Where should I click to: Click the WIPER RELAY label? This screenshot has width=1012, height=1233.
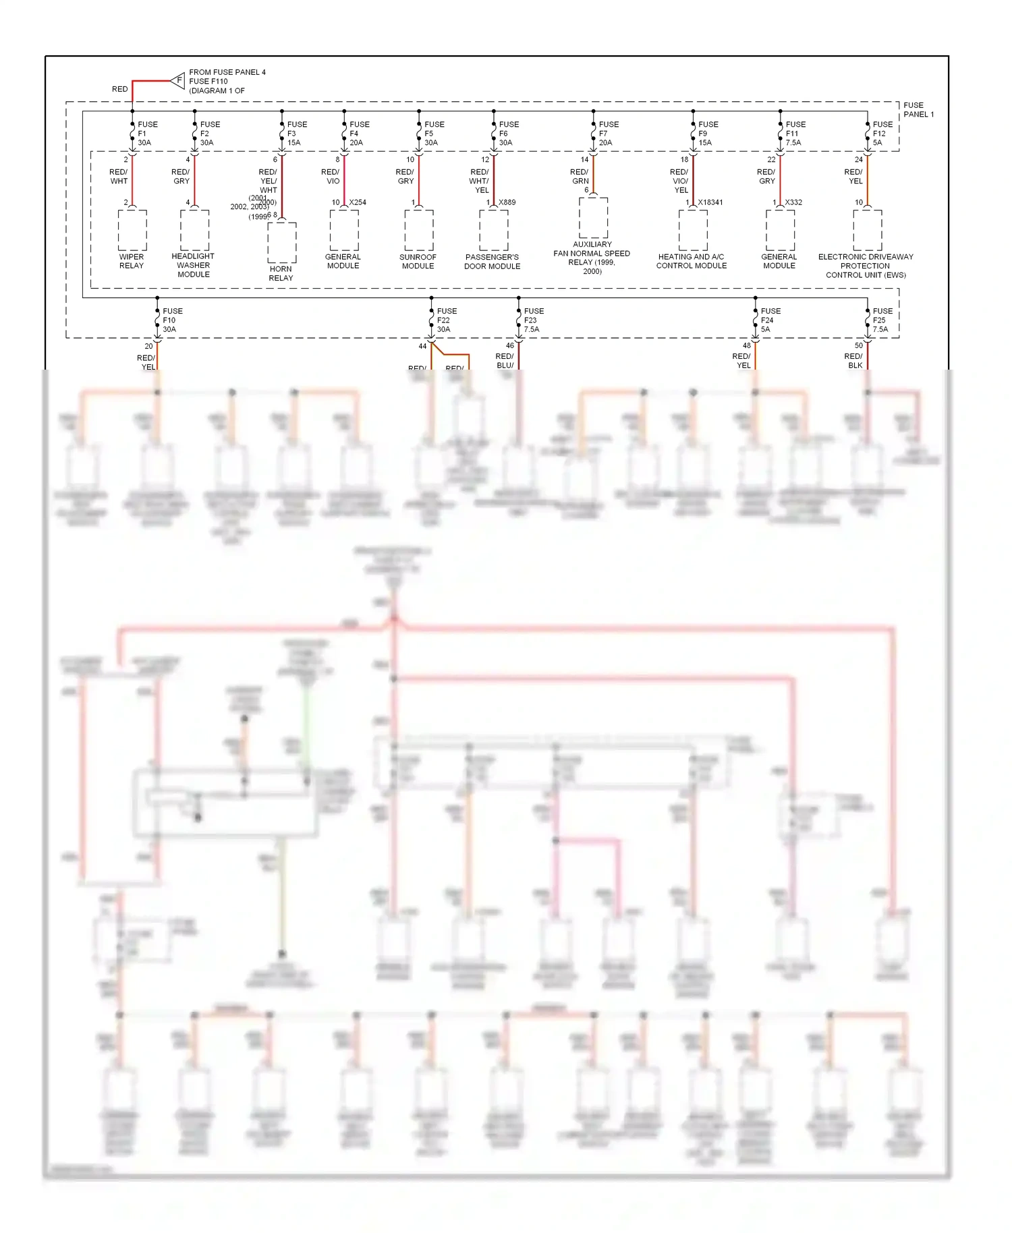[x=132, y=261]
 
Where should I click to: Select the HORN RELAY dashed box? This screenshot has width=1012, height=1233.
[x=281, y=242]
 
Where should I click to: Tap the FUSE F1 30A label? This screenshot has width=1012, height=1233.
[x=147, y=134]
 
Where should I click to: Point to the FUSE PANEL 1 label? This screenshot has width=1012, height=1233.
[x=918, y=110]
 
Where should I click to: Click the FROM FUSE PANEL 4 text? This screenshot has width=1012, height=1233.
[x=227, y=72]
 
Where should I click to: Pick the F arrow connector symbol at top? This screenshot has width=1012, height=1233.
[x=178, y=80]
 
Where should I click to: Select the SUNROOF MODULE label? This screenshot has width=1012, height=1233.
[x=418, y=262]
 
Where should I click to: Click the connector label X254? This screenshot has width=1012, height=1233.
[x=358, y=202]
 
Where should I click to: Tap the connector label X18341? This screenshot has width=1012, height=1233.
[x=710, y=202]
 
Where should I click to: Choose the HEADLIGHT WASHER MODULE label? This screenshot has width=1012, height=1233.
[x=193, y=265]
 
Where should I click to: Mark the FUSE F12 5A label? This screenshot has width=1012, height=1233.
[x=882, y=134]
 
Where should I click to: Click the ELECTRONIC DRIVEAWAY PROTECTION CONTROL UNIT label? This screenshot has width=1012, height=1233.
[x=866, y=266]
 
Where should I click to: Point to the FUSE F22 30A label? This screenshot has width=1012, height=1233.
[x=446, y=320]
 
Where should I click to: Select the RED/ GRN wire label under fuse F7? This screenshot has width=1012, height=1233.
[x=580, y=177]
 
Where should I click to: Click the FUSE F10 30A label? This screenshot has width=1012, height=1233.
[x=172, y=320]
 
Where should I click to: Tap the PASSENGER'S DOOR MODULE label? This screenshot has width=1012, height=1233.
[x=492, y=262]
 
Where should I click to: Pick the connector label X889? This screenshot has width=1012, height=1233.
[x=507, y=202]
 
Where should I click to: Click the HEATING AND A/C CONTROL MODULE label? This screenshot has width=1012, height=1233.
[x=692, y=261]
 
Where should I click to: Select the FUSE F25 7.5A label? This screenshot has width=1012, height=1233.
[x=882, y=320]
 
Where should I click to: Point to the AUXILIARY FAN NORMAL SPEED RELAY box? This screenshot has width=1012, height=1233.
[x=593, y=218]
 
